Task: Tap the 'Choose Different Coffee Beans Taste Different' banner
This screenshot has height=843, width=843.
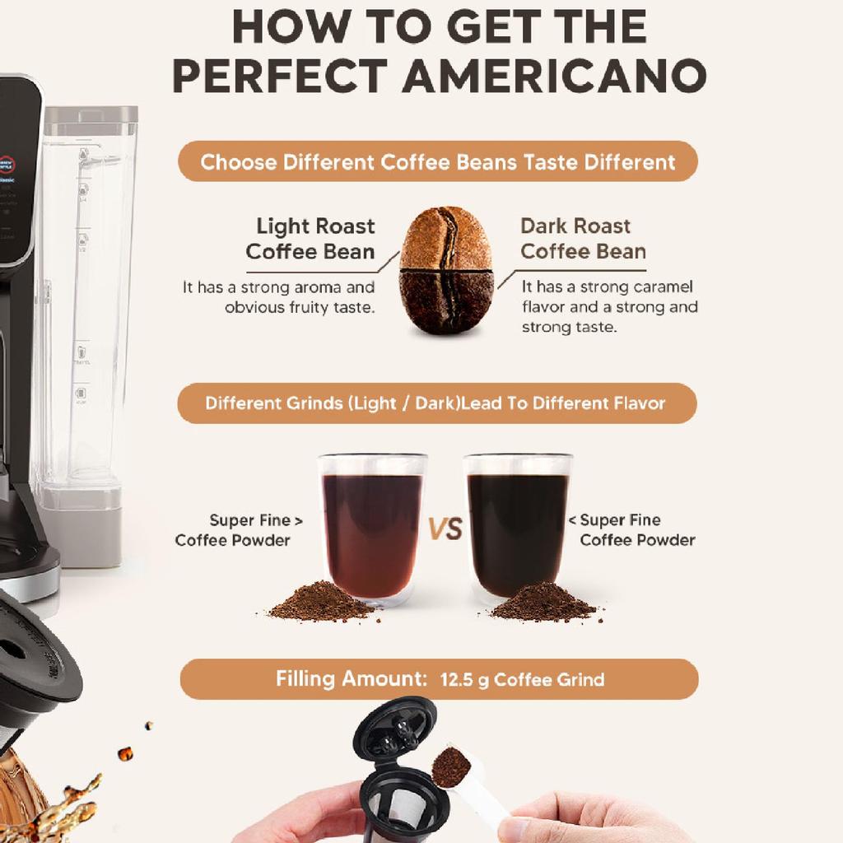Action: coord(438,161)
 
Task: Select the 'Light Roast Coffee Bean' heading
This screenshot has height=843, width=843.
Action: coord(310,239)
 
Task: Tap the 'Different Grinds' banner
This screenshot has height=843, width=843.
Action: coord(435,403)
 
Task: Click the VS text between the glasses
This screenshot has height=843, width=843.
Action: coord(445,529)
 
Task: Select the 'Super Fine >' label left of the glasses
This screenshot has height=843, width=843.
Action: coord(255,520)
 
